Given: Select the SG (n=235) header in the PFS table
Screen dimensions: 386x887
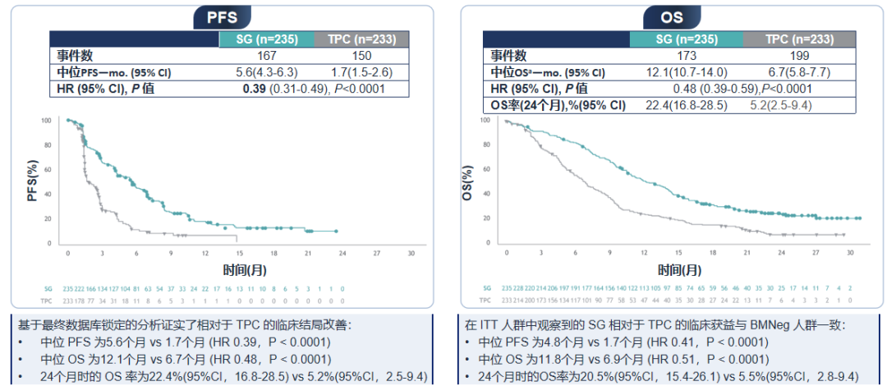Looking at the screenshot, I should coord(265,39).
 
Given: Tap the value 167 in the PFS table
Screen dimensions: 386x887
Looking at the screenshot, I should coord(265,56).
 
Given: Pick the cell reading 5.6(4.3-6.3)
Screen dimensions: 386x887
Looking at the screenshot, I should coord(265,72).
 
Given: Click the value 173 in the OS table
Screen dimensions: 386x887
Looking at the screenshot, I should coord(686,56).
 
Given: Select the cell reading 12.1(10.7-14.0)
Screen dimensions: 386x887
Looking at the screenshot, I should coord(686,72).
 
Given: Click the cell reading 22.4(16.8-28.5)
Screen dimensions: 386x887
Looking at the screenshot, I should coord(686,105).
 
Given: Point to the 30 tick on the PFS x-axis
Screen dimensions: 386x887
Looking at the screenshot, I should coord(411,254).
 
